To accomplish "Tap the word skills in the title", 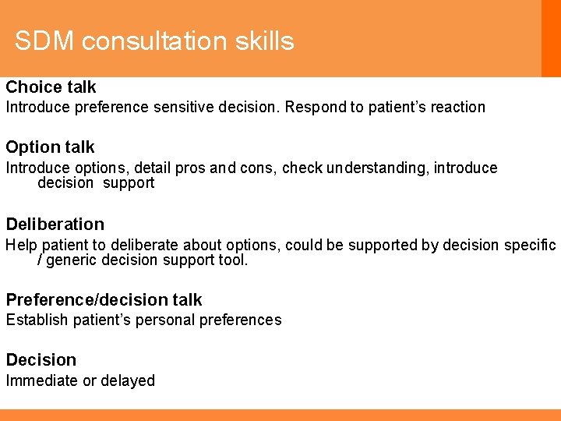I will click(x=268, y=41).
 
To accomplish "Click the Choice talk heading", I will click(x=51, y=87).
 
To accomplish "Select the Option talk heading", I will click(x=50, y=147).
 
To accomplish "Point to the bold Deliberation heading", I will click(x=55, y=224).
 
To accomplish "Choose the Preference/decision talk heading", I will click(x=104, y=299).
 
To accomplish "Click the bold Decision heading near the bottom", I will click(x=41, y=359).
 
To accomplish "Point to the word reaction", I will click(x=456, y=108).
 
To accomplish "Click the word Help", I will click(x=20, y=245).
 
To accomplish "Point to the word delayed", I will click(x=129, y=380).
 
